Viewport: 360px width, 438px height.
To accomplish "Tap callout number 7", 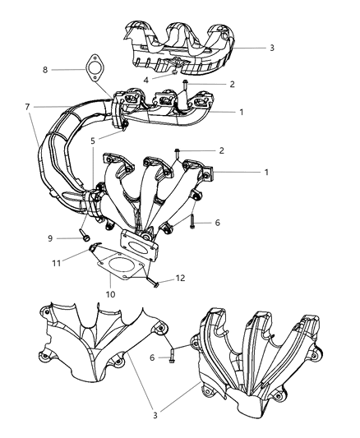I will [x=26, y=107].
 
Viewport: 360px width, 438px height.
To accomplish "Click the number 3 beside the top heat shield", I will [x=271, y=48].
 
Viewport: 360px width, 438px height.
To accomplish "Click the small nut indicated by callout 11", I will [x=97, y=248].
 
